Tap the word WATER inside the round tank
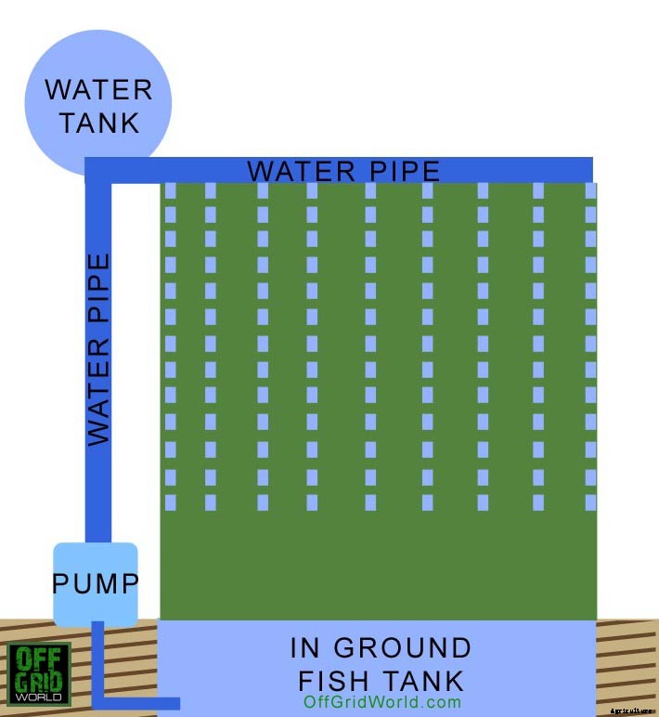click(98, 90)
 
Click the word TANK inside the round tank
click(98, 123)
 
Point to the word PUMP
click(96, 584)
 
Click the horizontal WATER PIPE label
click(343, 172)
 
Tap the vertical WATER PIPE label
click(98, 348)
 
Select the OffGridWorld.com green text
click(381, 702)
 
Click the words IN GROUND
click(381, 647)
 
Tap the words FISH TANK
click(381, 679)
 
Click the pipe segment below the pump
click(98, 659)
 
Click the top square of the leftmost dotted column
click(170, 190)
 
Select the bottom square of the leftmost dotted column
click(170, 502)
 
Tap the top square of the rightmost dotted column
click(591, 190)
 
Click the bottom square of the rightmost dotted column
click(591, 502)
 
